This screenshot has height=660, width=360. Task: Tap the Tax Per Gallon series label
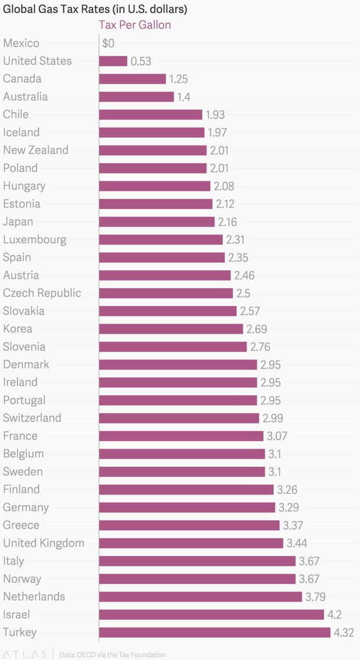(135, 25)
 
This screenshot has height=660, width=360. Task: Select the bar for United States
(113, 61)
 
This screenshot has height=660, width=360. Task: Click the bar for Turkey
(214, 633)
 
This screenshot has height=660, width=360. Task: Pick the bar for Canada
(132, 79)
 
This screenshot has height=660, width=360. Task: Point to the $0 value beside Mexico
(108, 44)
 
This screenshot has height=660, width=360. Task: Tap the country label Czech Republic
(42, 293)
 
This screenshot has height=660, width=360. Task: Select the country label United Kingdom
(44, 543)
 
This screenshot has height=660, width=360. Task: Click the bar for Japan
(157, 222)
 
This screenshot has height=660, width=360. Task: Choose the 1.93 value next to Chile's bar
(215, 115)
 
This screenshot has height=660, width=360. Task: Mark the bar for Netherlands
(200, 597)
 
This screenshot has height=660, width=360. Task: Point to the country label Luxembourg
(35, 239)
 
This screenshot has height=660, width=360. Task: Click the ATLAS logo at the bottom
(24, 654)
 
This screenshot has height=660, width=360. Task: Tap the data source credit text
(112, 654)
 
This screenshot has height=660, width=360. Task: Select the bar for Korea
(171, 329)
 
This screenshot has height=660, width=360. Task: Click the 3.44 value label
(296, 544)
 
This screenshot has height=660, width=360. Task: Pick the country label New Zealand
(35, 150)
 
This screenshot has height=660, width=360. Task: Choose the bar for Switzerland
(179, 418)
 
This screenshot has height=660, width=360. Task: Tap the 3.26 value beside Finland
(287, 490)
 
